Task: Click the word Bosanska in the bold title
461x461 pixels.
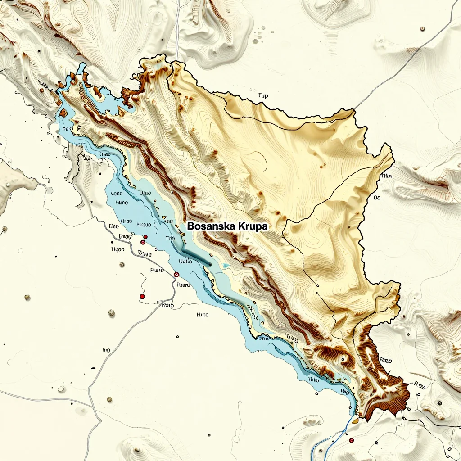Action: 208,226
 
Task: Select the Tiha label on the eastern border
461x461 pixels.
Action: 386,176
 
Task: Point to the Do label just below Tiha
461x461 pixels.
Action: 377,198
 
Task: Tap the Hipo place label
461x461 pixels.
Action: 203,315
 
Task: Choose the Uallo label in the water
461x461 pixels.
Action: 185,261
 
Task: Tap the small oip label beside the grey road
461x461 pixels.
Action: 106,350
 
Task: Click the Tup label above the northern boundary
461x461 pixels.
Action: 263,95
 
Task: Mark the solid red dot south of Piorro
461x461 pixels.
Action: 142,296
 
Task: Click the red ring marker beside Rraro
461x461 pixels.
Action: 176,274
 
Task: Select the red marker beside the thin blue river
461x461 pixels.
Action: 351,440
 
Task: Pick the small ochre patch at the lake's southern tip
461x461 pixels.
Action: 355,421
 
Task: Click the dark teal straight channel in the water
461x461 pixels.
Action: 197,256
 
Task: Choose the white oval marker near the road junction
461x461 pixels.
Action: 61,389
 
